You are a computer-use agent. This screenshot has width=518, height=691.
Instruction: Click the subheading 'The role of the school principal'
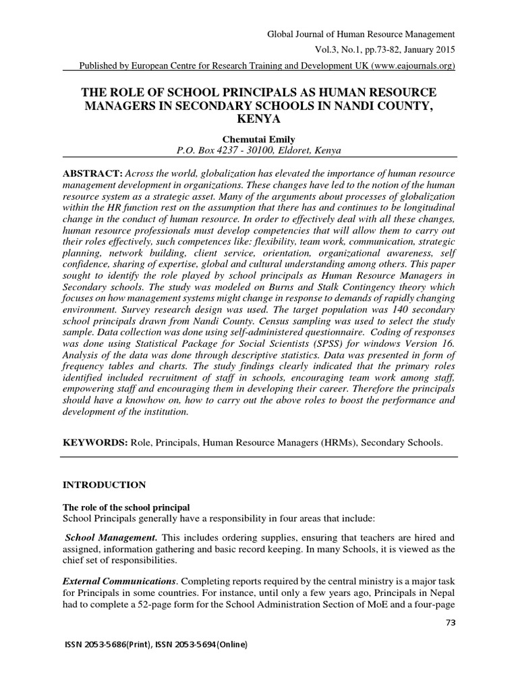coord(127,506)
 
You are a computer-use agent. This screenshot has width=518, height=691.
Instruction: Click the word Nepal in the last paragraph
coord(440,592)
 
